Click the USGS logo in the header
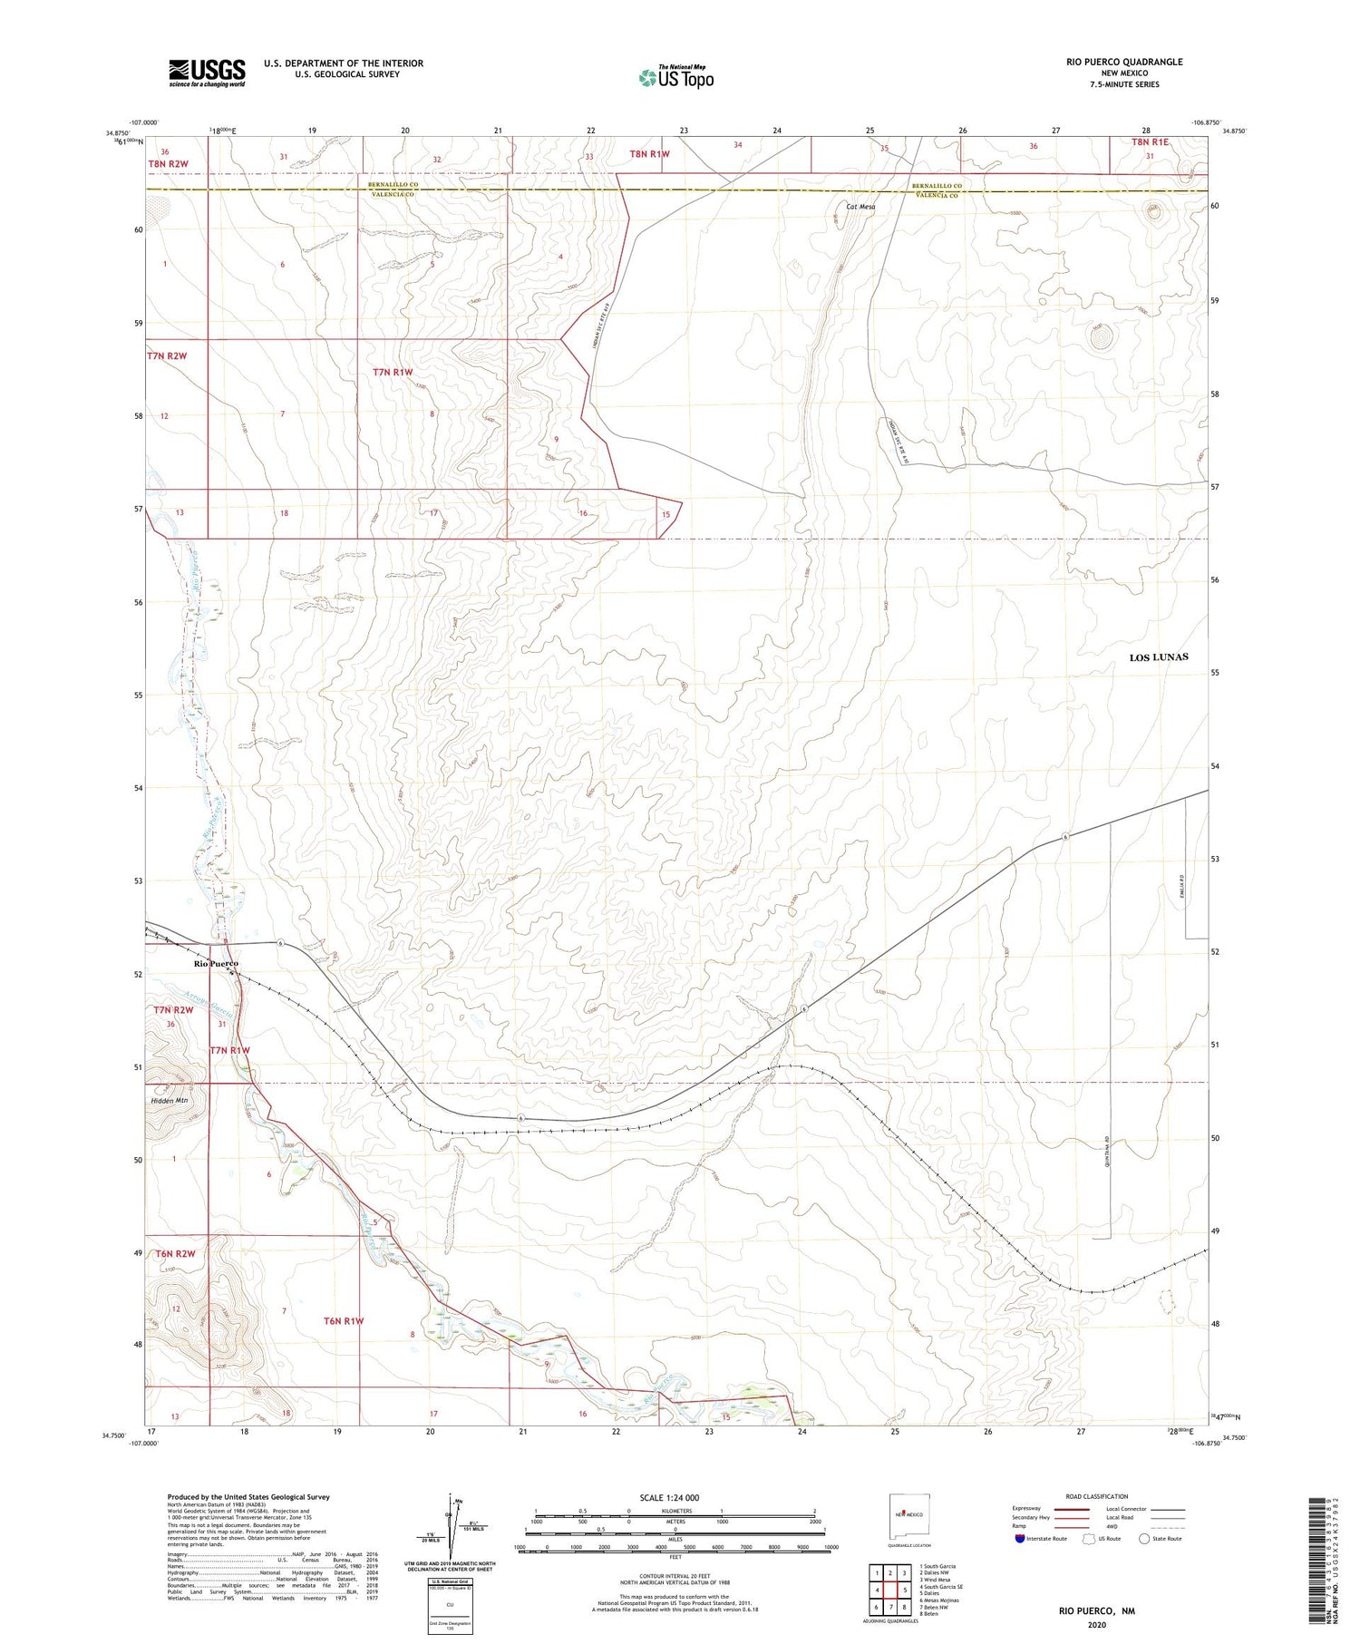coord(207,73)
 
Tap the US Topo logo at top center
coord(675,78)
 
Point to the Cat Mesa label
coord(860,207)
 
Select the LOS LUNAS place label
coord(1158,657)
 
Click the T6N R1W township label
coord(344,1321)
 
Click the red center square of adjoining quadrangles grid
coord(891,1590)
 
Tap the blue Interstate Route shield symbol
coord(1021,1539)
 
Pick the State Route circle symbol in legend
coord(1144,1539)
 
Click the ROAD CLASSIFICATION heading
coord(1096,1496)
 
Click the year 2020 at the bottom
coord(1096,1625)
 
